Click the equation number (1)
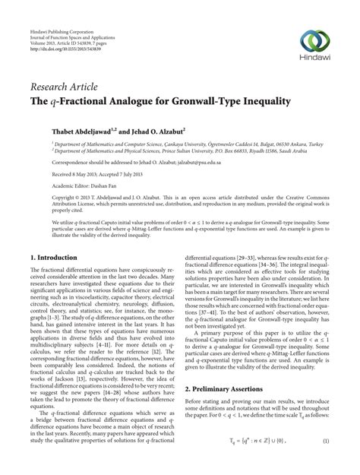(x=325, y=463)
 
